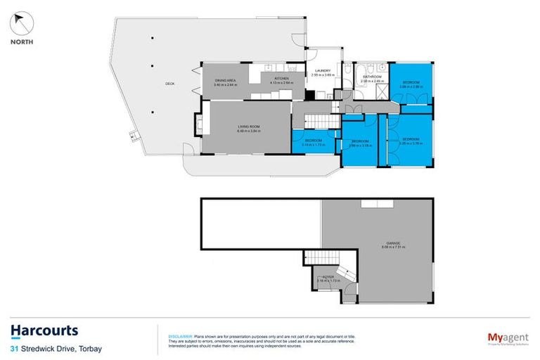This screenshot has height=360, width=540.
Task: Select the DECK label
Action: click(x=169, y=84)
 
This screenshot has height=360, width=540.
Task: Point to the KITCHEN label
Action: click(x=282, y=79)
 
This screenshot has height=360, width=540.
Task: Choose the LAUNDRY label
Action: click(x=323, y=70)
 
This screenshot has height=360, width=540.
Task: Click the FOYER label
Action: click(x=328, y=278)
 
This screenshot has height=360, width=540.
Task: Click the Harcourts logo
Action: click(x=44, y=330)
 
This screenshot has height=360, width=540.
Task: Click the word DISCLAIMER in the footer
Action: click(x=172, y=329)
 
